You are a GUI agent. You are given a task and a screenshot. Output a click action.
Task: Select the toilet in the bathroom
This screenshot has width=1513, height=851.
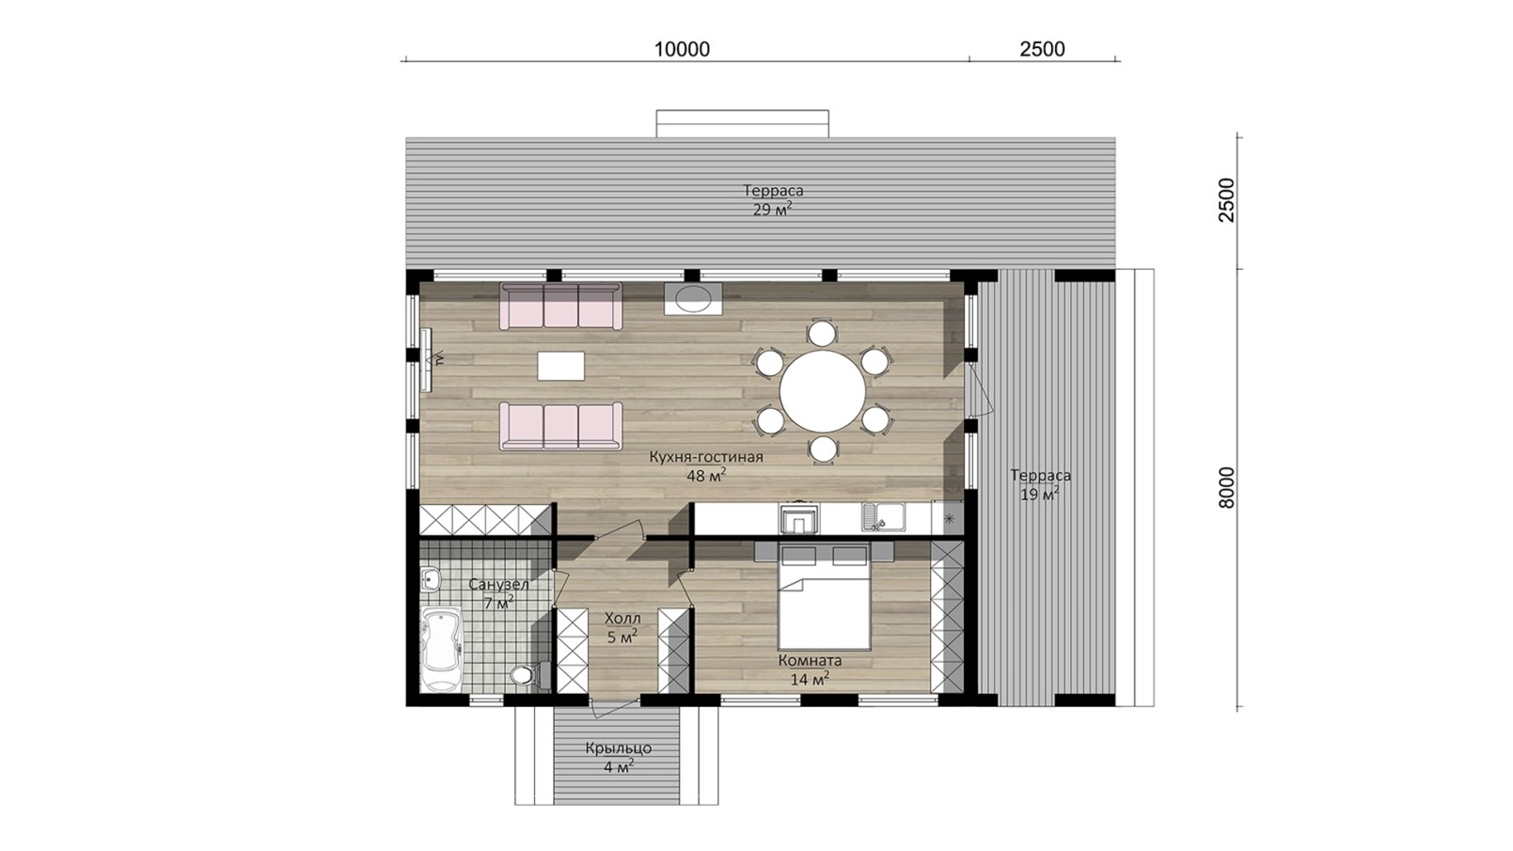click(525, 675)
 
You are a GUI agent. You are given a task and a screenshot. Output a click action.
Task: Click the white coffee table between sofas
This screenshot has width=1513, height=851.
click(561, 366)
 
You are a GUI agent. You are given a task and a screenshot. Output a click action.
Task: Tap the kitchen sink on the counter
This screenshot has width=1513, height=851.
click(884, 519)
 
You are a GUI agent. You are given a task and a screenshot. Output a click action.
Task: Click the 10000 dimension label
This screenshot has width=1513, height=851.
click(682, 49)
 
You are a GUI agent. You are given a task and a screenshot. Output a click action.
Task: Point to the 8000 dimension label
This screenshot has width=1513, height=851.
click(1226, 488)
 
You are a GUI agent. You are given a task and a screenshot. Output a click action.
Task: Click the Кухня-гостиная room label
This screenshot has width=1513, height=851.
click(706, 457)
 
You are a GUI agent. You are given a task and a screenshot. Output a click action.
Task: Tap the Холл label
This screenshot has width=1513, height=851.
click(623, 618)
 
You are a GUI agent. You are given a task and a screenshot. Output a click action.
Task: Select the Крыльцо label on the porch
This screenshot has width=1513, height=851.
click(619, 749)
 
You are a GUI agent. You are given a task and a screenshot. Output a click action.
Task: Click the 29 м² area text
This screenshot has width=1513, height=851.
click(773, 209)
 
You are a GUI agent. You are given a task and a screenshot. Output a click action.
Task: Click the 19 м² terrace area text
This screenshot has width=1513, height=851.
click(1039, 495)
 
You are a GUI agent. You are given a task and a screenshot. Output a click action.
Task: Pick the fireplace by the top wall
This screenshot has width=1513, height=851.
click(693, 298)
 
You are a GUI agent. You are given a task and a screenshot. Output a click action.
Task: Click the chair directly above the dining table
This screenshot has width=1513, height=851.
click(822, 334)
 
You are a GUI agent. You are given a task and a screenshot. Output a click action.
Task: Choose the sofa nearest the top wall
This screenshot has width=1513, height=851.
click(560, 306)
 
